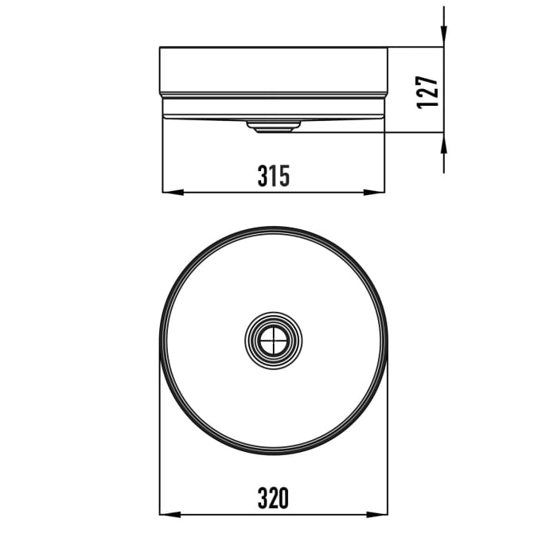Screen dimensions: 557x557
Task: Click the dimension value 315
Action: point(273,176)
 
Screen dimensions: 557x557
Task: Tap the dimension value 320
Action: point(273,498)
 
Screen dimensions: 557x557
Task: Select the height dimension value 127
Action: point(427,92)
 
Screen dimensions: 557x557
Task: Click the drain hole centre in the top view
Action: point(274,341)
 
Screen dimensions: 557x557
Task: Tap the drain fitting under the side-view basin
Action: point(274,125)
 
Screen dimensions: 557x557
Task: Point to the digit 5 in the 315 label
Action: point(283,176)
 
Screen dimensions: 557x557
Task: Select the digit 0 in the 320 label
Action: point(283,498)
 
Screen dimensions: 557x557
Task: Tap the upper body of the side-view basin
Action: point(274,70)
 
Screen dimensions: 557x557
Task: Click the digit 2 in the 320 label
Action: point(273,498)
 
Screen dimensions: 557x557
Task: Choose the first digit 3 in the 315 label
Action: point(263,176)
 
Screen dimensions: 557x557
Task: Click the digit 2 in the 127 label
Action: point(427,92)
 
